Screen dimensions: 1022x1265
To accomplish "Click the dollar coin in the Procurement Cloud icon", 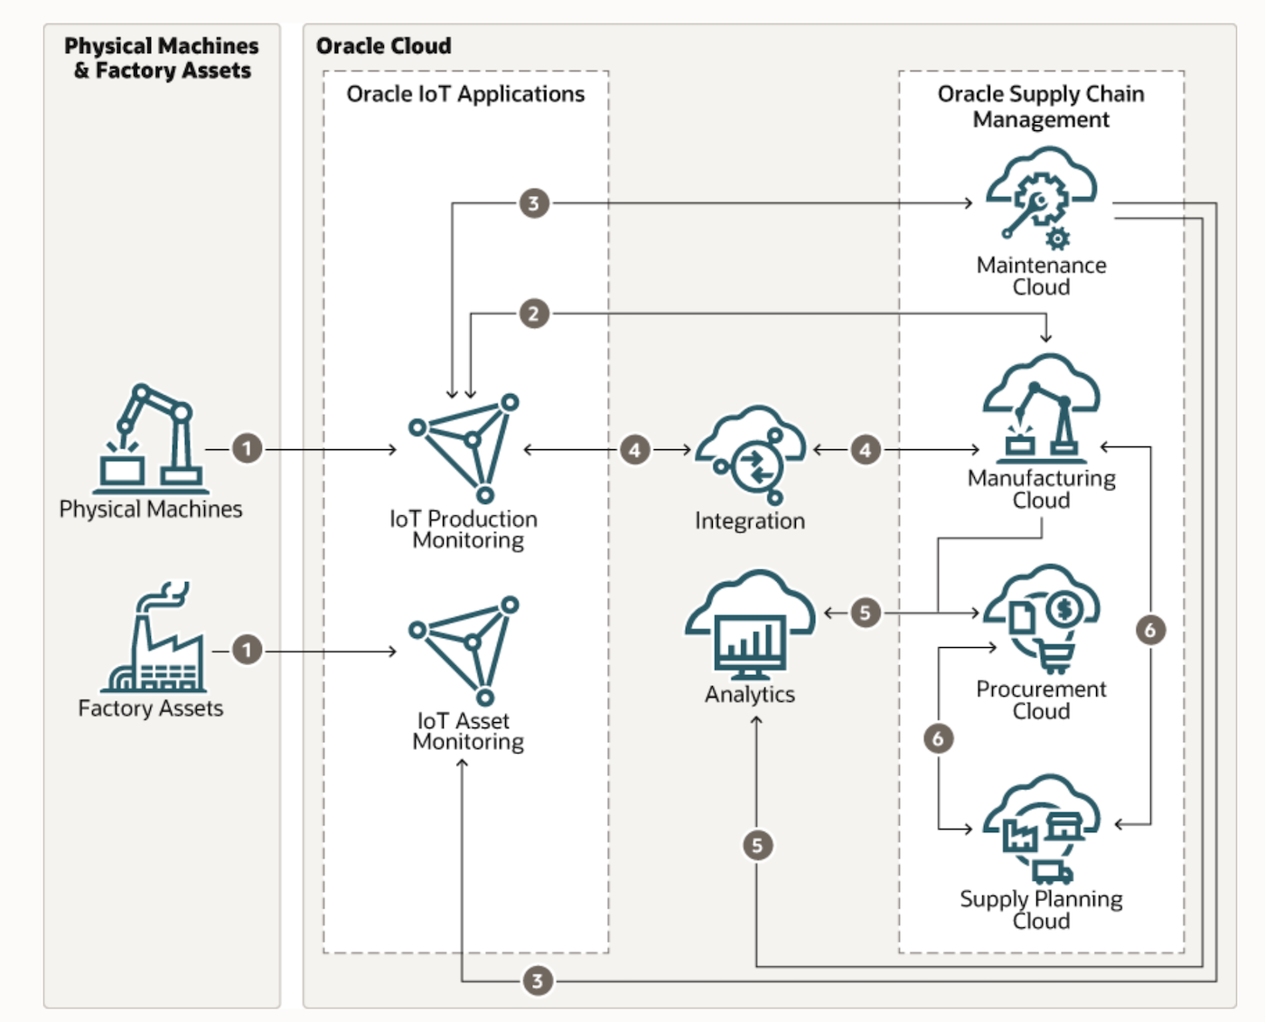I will tap(1064, 610).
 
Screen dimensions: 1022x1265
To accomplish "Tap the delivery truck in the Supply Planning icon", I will tap(1052, 872).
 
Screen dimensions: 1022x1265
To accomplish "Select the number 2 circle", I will tap(533, 314).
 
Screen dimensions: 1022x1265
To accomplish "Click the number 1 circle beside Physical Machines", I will tap(247, 448).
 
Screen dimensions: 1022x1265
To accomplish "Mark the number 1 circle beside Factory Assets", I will tap(247, 650).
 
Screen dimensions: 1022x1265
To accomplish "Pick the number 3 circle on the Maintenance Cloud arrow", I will tap(533, 203).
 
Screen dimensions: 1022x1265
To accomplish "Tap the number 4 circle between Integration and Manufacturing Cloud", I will tap(865, 449).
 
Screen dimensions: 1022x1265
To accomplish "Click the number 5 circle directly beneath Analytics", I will tap(757, 846).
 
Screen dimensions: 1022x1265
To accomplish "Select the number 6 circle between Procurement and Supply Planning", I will tap(938, 738).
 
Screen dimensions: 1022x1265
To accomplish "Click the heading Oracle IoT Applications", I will tap(465, 94).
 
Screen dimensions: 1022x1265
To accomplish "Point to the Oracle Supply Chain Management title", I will tap(1041, 107).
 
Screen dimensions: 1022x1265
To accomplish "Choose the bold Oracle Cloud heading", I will tap(383, 46).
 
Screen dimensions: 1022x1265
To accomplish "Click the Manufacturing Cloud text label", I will tap(1041, 489).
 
